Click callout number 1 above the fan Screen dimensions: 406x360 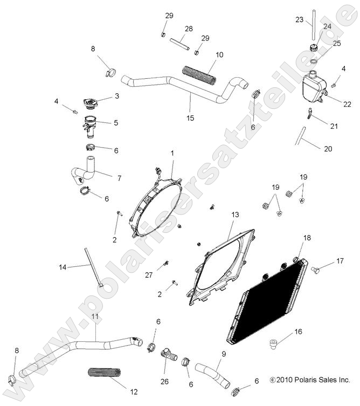pyautogui.click(x=172, y=154)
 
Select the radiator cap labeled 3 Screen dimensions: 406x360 pyautogui.click(x=88, y=103)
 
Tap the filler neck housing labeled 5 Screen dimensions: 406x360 pyautogui.click(x=89, y=123)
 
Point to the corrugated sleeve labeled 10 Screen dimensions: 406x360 pyautogui.click(x=199, y=75)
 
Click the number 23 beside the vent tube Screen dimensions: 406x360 pyautogui.click(x=300, y=20)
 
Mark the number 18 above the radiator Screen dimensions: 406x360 pyautogui.click(x=307, y=237)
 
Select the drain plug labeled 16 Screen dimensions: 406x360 pyautogui.click(x=274, y=342)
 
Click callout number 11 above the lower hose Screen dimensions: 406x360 pyautogui.click(x=95, y=316)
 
